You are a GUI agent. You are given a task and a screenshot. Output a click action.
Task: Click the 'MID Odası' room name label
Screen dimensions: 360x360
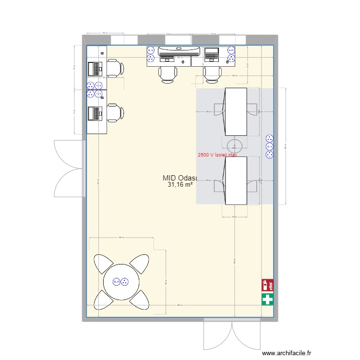[178, 178]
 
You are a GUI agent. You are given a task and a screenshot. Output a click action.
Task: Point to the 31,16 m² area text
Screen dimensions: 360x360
[180, 184]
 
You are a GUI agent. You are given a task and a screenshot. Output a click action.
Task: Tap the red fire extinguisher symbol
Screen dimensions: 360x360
[267, 286]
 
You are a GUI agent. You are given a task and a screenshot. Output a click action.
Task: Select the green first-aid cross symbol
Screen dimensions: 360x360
[267, 300]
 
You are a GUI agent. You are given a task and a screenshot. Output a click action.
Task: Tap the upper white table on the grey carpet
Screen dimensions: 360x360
[236, 111]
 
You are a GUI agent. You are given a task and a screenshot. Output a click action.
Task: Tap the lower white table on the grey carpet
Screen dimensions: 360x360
[236, 180]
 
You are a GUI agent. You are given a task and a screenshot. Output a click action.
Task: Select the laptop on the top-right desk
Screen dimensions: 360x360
[212, 54]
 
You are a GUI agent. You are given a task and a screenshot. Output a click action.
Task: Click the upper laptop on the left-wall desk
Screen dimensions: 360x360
[95, 70]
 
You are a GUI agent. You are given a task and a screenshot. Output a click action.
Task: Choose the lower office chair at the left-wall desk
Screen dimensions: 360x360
[114, 113]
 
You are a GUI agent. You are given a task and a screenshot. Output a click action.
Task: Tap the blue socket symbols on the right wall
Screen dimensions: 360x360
[269, 146]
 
